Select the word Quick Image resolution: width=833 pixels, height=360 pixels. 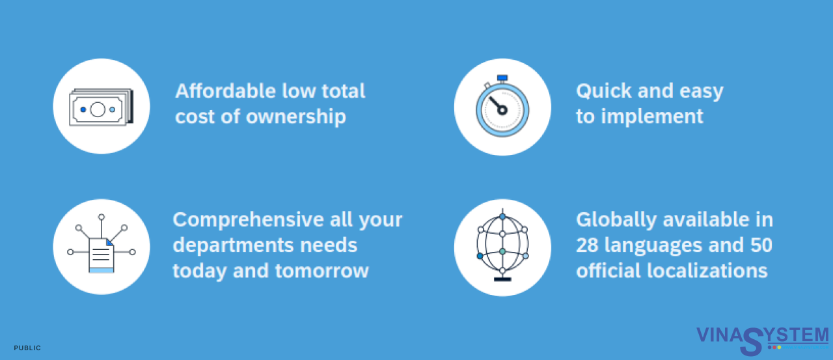[x=603, y=91]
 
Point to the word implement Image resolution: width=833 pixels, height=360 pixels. [x=652, y=117]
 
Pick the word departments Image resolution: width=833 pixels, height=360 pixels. [x=233, y=245]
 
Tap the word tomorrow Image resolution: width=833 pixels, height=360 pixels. [x=322, y=271]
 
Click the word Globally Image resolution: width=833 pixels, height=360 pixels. [x=616, y=220]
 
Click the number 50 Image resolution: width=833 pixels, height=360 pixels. [x=761, y=245]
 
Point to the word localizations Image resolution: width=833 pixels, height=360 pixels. [x=707, y=271]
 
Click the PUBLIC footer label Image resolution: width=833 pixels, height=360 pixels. [x=27, y=348]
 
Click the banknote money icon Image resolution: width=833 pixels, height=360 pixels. [x=101, y=107]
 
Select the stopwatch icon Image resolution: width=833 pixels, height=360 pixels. [x=502, y=106]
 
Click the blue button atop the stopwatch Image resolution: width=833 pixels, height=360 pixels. [x=502, y=77]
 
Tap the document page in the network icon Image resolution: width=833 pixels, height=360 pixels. [x=101, y=255]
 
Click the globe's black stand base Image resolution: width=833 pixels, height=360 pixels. [x=502, y=279]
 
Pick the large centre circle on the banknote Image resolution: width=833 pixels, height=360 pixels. [x=98, y=110]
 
